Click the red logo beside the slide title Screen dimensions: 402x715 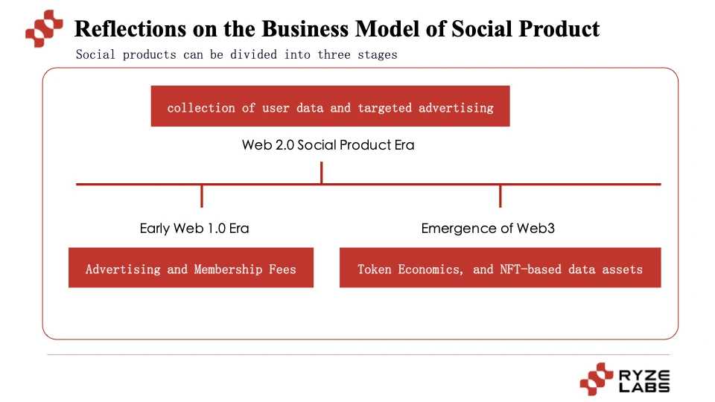point(45,29)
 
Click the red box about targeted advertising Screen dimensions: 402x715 point(330,106)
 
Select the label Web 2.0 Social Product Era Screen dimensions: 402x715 point(328,145)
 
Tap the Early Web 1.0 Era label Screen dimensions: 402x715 point(194,229)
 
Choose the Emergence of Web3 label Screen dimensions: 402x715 point(488,229)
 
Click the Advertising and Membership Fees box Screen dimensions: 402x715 point(191,268)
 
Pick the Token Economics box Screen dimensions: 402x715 point(500,268)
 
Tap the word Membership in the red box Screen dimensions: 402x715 point(226,269)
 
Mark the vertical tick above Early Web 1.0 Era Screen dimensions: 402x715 point(202,196)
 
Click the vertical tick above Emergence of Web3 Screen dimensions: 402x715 point(500,196)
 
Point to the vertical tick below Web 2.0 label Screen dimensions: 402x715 point(321,173)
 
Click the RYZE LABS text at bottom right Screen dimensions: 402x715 point(644,380)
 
